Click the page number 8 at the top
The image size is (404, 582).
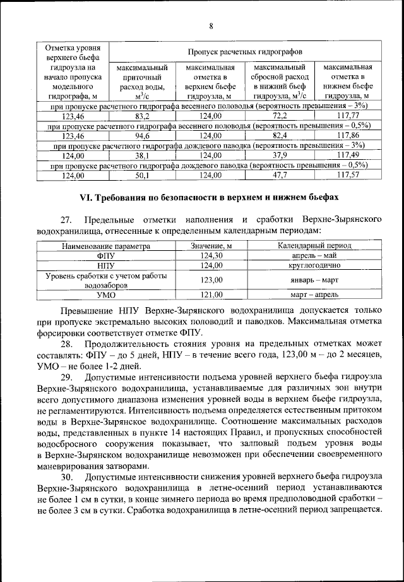[211, 25]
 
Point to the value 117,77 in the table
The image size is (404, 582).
[348, 116]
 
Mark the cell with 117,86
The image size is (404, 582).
[348, 136]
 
